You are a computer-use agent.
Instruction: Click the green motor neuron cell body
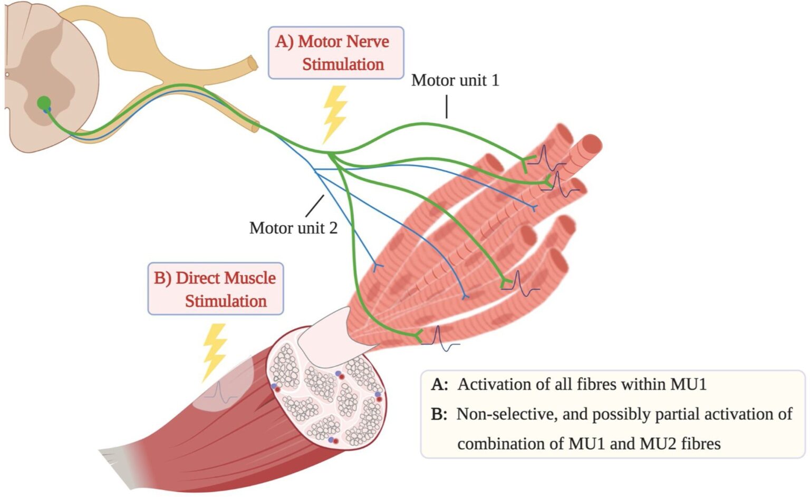44,103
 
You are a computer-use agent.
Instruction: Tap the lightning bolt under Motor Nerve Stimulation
334,114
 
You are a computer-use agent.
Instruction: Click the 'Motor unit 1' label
455,80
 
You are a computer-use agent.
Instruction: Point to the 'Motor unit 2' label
293,228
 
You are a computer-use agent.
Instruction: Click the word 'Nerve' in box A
365,41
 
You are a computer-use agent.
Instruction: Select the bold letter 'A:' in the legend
439,384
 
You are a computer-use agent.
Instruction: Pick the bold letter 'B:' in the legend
439,414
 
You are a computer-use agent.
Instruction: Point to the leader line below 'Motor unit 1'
447,106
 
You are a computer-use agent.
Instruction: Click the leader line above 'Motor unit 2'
315,205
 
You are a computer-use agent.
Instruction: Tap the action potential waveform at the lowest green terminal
441,339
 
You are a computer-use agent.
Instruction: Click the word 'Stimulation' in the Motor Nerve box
343,64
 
